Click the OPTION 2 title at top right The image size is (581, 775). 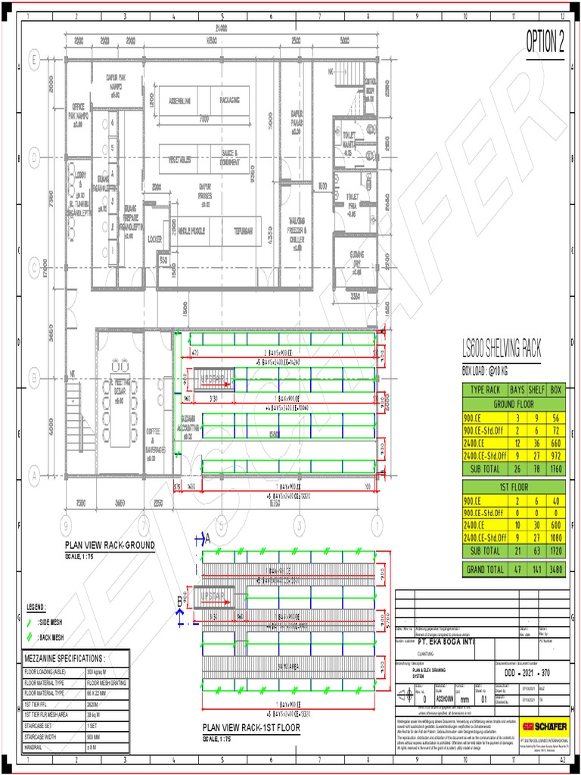[545, 43]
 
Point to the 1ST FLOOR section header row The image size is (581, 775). [514, 484]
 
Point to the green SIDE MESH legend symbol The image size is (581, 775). [28, 621]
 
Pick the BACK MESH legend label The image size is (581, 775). [51, 637]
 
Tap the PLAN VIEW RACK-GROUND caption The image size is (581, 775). [109, 545]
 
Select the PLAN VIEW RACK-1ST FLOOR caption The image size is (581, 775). [250, 728]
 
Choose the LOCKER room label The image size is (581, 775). [155, 238]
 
